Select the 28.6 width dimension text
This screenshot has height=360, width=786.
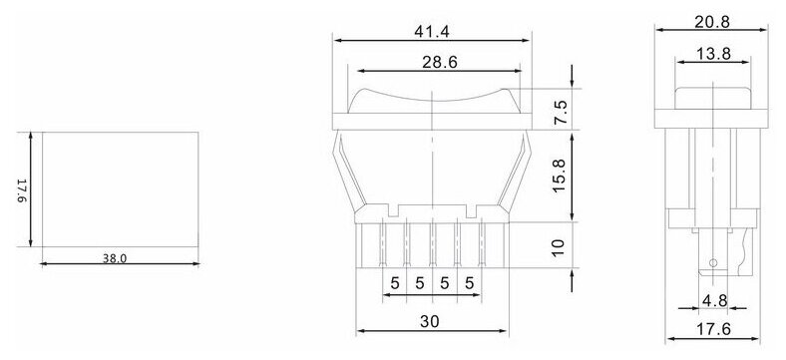point(431,60)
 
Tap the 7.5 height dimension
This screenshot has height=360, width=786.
point(562,109)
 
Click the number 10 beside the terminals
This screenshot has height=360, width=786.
point(562,244)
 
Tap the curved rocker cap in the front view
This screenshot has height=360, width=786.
point(432,99)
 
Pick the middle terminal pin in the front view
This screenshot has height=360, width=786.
point(432,245)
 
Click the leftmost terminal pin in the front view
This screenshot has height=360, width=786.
point(384,245)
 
